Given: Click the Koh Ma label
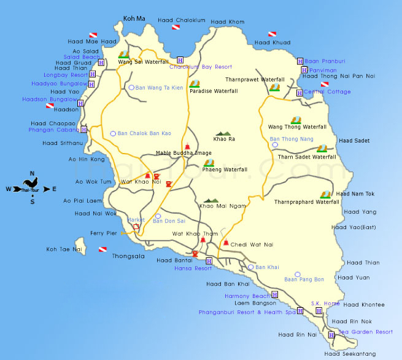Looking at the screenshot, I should click(134, 20).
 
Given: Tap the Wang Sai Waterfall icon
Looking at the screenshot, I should click(123, 54).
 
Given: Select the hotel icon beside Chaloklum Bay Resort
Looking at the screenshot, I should click(180, 60).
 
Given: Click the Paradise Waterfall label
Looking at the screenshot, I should click(213, 91).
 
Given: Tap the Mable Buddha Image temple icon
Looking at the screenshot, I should click(188, 146).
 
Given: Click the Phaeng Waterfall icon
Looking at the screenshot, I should click(209, 163).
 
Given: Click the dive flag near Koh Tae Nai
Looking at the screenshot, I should click(103, 249).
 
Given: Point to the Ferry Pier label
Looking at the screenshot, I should click(103, 233).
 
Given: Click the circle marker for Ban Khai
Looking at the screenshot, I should click(250, 267).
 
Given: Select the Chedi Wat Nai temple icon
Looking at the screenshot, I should click(226, 243).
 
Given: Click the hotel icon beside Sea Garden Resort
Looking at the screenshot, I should click(331, 335).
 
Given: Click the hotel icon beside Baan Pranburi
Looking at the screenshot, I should click(300, 61).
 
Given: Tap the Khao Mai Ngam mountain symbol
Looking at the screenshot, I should click(211, 200).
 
